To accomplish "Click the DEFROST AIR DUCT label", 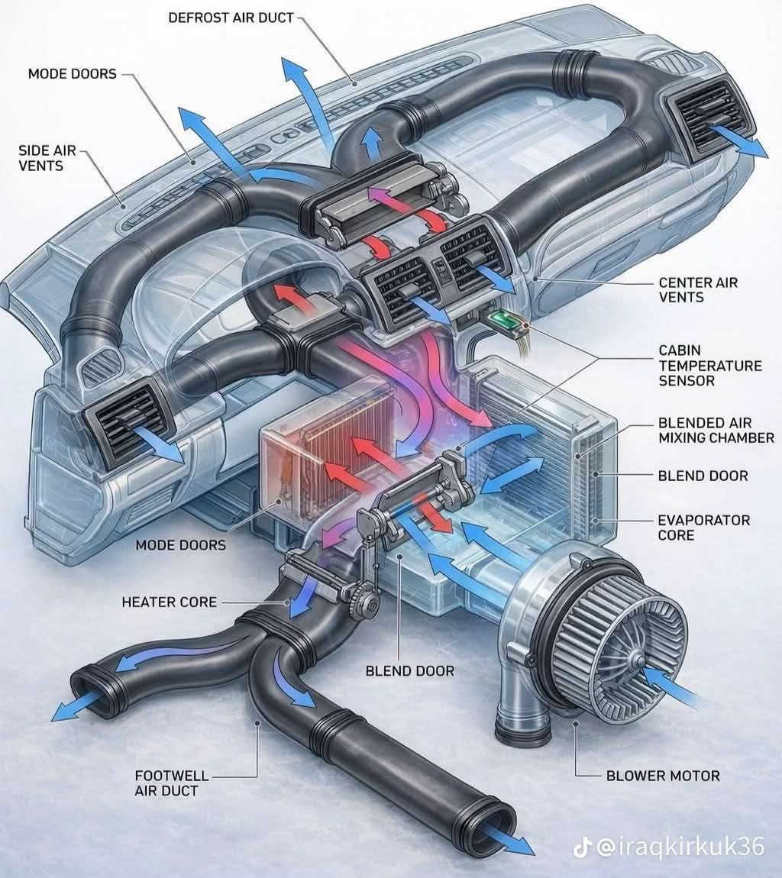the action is point(231,18).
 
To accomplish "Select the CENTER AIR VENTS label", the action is point(698,290).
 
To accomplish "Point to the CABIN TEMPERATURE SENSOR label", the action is point(709,366).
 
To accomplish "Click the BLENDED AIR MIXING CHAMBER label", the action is point(716,430).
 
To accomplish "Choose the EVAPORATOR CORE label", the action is point(703,528).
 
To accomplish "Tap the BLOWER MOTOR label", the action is point(663,776).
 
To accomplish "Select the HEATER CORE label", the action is point(170,602).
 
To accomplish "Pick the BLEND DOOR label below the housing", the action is point(409,671).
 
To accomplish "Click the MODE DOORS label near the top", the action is point(73,74).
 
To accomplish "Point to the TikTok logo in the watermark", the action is point(582,847).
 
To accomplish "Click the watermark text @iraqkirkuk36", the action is point(680,847).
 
